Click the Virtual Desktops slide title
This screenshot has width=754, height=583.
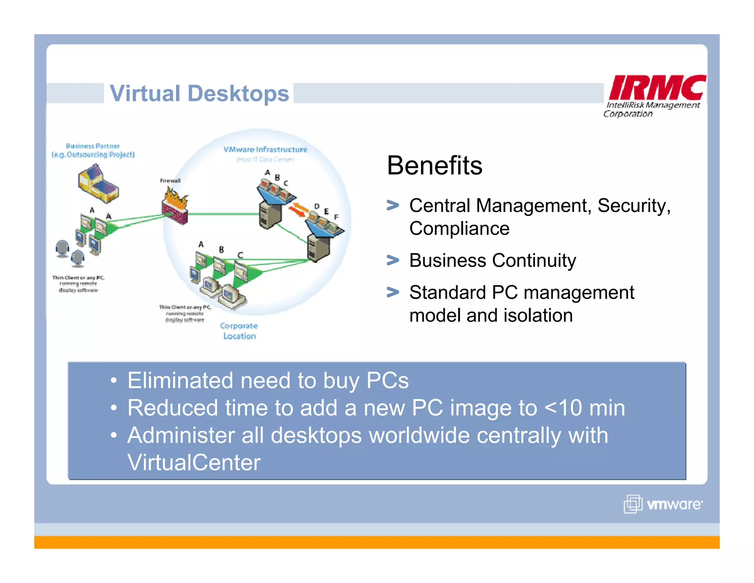coord(199,93)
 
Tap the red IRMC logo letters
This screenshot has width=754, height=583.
coord(657,87)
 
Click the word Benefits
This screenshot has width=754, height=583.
coord(434,165)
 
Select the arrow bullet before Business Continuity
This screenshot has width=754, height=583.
coord(393,260)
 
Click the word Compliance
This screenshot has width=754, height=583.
coord(459,228)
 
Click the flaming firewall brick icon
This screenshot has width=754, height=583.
coord(175,206)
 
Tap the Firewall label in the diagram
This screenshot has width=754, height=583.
coord(170,181)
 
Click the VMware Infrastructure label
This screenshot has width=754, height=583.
coord(265,149)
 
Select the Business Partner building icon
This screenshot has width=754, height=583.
coord(98,184)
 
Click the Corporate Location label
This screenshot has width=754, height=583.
coord(239,331)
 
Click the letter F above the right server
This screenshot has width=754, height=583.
coord(336,217)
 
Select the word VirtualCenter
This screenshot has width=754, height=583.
coord(194,462)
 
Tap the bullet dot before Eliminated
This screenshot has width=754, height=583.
coord(114,380)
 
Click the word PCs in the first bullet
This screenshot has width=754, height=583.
coord(387,380)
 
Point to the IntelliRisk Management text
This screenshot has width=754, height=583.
coord(653,105)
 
